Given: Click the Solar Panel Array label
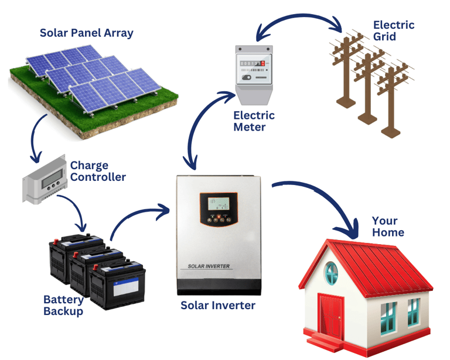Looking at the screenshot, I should pyautogui.click(x=86, y=32).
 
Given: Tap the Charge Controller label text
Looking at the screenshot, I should pyautogui.click(x=97, y=171).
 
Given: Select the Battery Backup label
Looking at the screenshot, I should pyautogui.click(x=63, y=305).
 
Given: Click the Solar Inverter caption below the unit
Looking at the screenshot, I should pyautogui.click(x=217, y=306).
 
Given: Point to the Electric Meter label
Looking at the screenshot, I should pyautogui.click(x=253, y=121).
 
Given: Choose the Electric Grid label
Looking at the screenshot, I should pyautogui.click(x=393, y=30).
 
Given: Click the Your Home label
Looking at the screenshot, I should pyautogui.click(x=388, y=227).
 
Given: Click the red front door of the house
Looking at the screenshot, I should pyautogui.click(x=330, y=316).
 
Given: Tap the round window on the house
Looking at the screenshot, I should pyautogui.click(x=332, y=271).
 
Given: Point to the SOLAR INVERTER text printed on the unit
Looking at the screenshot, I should pyautogui.click(x=209, y=266).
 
